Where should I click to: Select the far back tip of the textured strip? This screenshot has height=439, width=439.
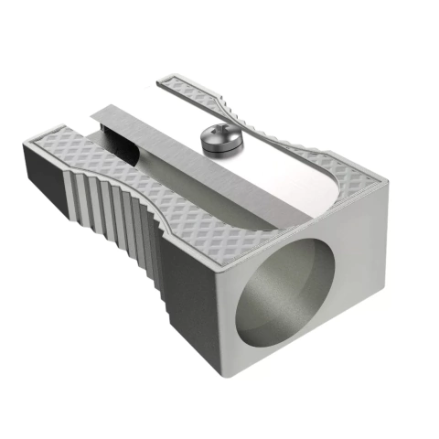165,80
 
